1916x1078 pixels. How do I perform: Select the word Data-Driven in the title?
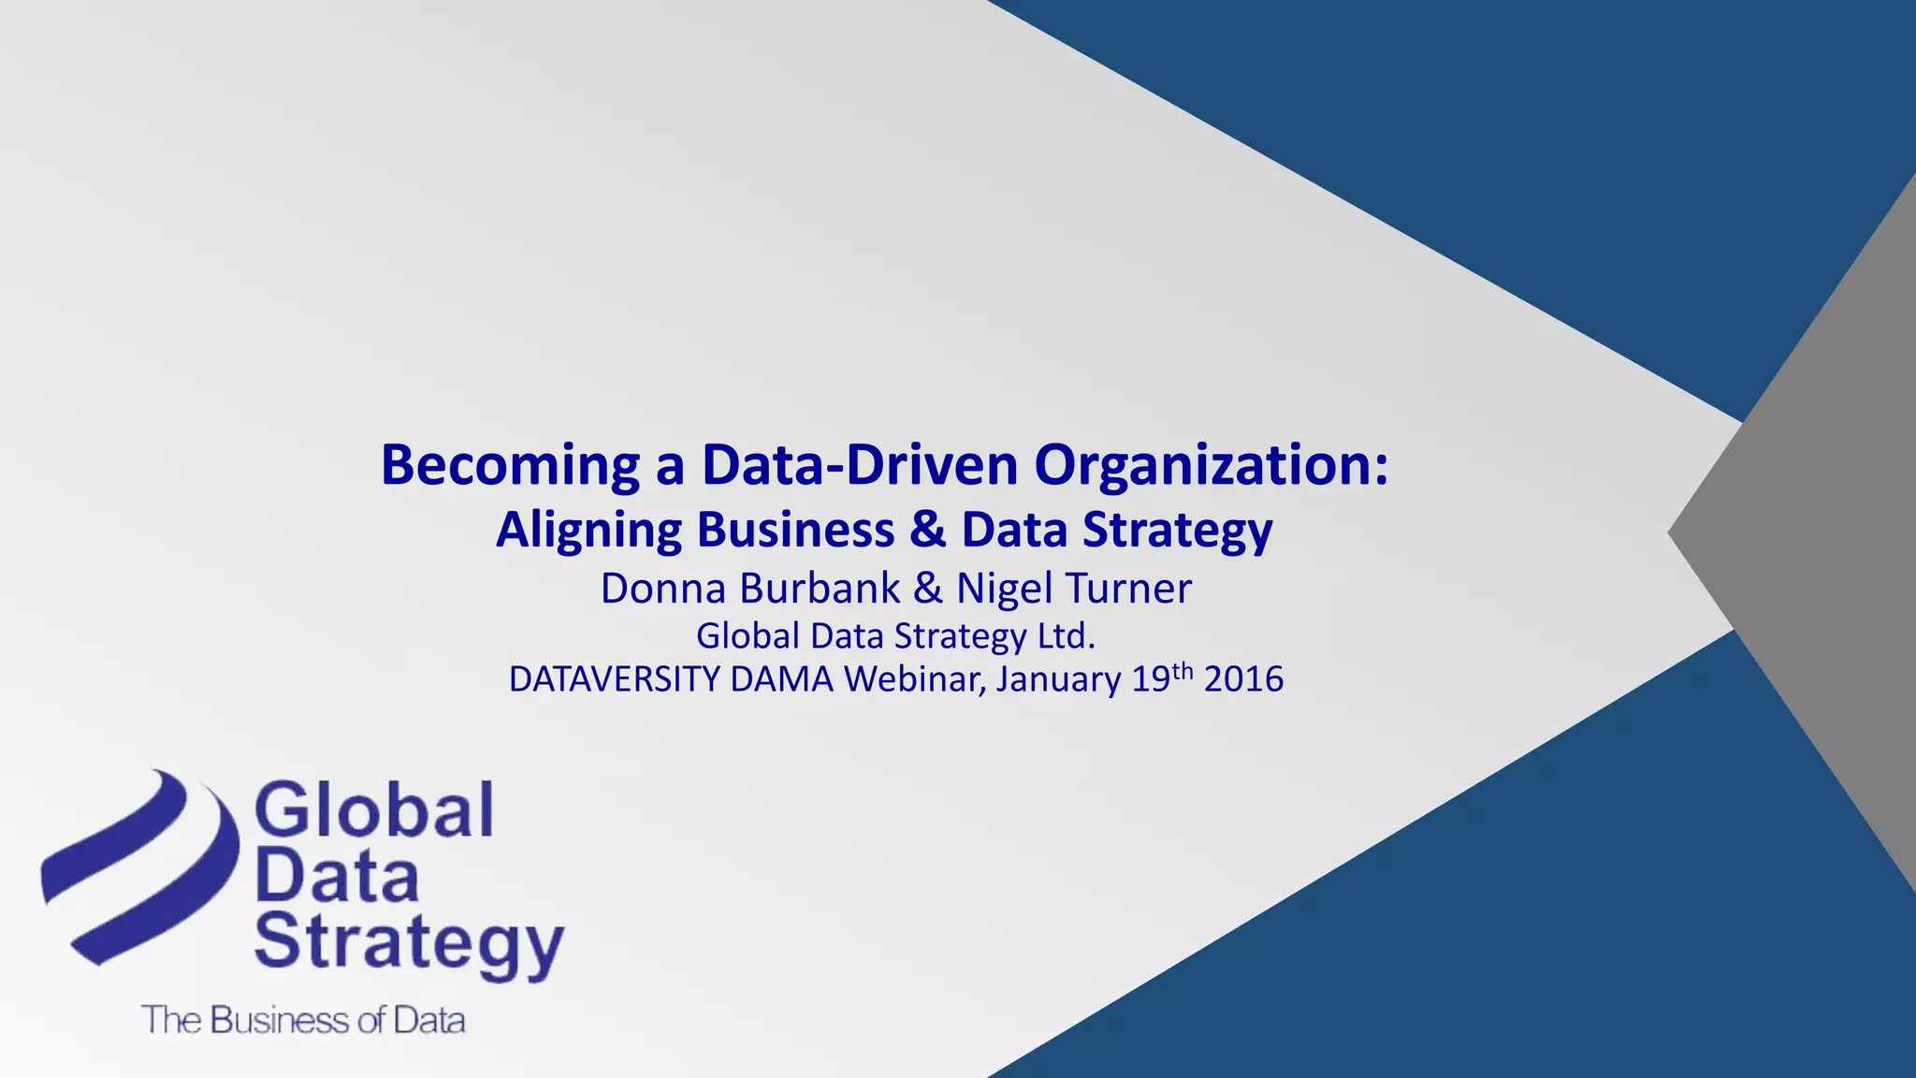point(860,465)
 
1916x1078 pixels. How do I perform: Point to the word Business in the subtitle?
point(795,530)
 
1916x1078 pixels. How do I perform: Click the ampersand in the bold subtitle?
point(927,530)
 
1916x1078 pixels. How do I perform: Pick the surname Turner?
point(1128,589)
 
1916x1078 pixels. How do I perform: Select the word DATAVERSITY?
point(614,679)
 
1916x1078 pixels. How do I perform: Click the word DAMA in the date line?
point(782,679)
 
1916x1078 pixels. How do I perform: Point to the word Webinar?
point(914,679)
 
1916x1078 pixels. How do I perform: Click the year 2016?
point(1243,679)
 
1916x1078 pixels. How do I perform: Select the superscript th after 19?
point(1183,671)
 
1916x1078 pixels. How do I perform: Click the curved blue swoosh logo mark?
point(140,866)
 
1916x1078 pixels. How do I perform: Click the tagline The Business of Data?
point(303,1020)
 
